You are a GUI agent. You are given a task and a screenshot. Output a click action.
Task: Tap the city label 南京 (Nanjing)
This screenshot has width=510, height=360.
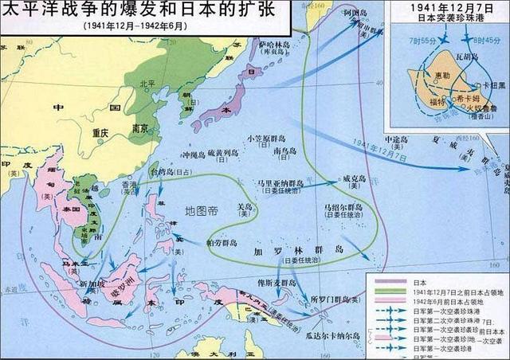tap(139, 127)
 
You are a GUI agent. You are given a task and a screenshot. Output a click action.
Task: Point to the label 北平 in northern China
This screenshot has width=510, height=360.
tap(147, 83)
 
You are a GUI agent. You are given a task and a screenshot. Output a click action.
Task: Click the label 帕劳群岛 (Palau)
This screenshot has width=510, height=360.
tap(221, 243)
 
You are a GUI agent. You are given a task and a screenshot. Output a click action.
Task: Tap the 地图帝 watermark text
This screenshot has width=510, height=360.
tap(202, 212)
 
